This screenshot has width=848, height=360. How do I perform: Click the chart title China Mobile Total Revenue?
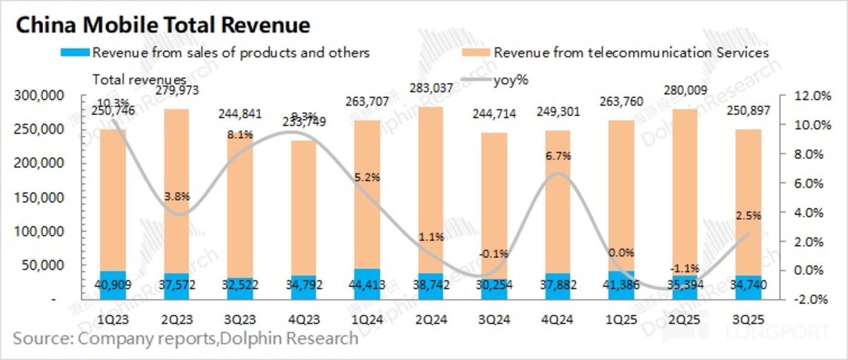162,25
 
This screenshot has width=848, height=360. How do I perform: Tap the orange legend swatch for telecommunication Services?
475,53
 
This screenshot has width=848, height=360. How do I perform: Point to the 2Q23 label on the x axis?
177,318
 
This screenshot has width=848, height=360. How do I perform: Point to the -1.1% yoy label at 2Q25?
685,268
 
